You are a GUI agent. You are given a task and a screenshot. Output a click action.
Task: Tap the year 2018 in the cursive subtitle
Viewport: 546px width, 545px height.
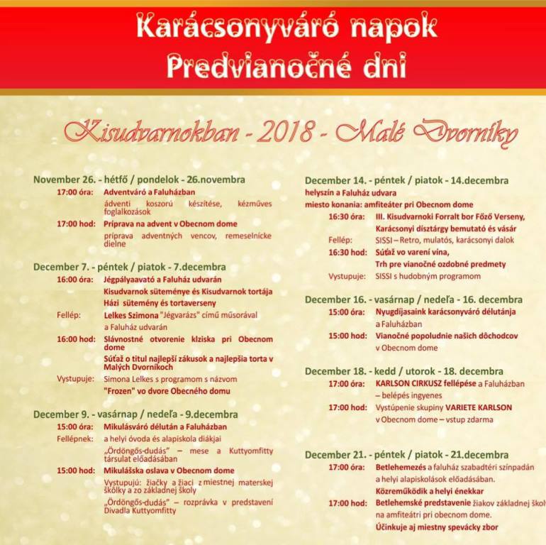(289, 131)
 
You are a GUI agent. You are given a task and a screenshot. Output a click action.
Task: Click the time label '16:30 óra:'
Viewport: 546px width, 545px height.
(347, 216)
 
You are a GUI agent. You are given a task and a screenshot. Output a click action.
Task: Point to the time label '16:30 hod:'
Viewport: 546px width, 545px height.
(347, 252)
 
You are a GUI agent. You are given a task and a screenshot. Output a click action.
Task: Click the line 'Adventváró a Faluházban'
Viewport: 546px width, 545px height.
(149, 192)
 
